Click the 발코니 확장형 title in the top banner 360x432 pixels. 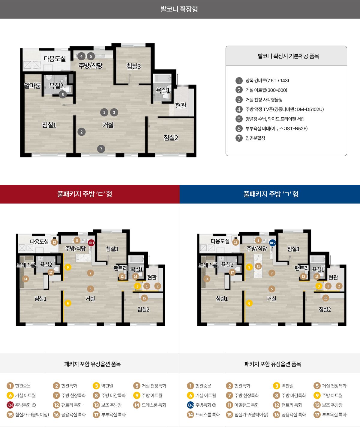coord(179,9)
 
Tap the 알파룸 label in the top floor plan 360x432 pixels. coord(33,86)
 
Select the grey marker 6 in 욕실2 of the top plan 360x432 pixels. coord(63,95)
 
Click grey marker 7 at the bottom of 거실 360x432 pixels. coord(101,149)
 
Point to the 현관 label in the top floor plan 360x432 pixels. coord(181,105)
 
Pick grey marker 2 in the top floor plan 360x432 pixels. coord(82,132)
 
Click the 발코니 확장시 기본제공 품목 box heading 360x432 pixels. coord(288,56)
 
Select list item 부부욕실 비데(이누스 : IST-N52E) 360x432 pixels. coord(276,128)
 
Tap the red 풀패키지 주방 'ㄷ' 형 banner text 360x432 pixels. coord(85,194)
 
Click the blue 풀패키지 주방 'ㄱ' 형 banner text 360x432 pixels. coord(271,194)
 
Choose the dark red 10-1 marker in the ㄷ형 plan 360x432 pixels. coord(91,243)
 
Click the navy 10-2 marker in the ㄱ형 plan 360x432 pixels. coord(272,243)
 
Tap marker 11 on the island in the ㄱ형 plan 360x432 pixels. coord(258,266)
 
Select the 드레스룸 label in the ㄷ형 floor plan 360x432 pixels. coord(26,265)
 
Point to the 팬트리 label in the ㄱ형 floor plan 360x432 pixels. coord(302,268)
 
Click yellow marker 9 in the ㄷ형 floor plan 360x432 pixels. coord(68,267)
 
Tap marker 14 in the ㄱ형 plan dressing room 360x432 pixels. coord(207,279)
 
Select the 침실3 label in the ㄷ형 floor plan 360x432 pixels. coord(112,249)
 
